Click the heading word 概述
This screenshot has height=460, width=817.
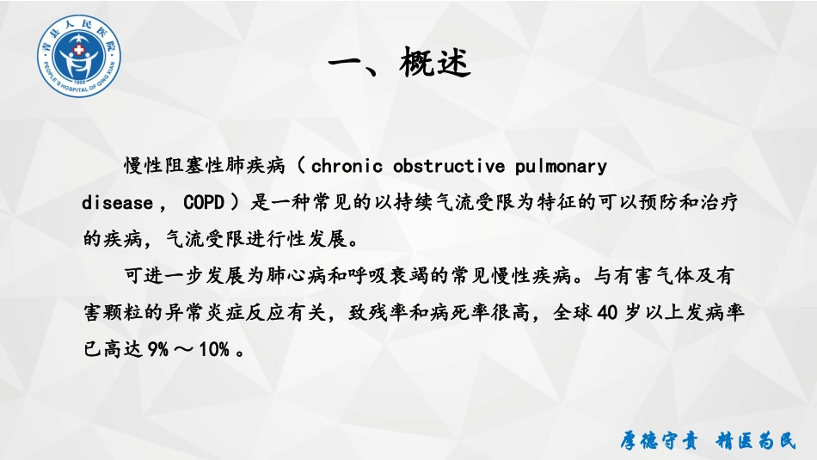click(x=435, y=63)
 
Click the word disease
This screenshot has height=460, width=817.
click(x=116, y=203)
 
